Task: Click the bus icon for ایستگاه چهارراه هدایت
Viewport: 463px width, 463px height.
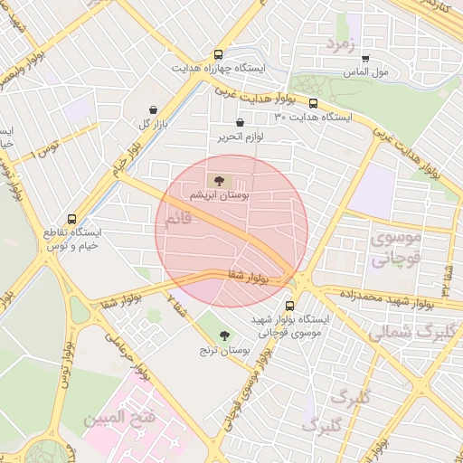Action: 218,54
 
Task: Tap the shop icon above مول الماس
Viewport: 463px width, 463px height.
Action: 365,57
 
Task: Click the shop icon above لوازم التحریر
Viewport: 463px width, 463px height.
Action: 239,122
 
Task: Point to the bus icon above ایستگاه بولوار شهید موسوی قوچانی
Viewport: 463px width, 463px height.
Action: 289,306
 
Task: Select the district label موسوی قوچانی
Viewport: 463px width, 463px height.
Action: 396,250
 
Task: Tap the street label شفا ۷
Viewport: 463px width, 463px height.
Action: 176,307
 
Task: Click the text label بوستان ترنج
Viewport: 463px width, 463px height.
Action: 222,349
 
